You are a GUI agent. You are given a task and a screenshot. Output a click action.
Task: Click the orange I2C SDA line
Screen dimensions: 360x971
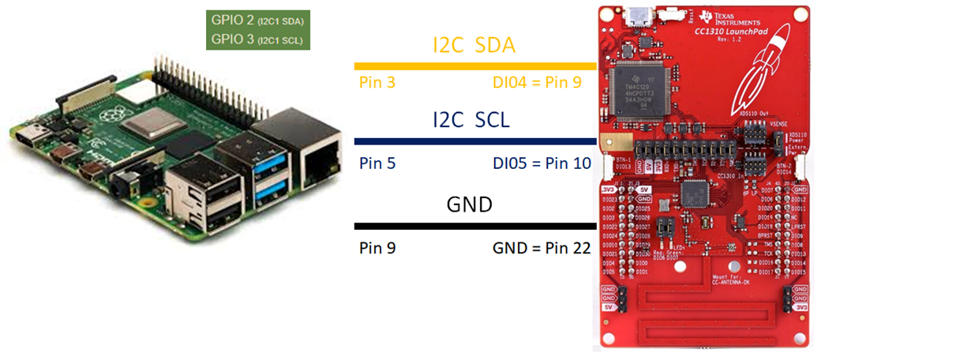click(x=474, y=66)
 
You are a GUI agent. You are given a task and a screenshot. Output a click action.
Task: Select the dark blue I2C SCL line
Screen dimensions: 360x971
click(x=474, y=141)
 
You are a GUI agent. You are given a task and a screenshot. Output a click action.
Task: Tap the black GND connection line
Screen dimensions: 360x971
click(x=474, y=226)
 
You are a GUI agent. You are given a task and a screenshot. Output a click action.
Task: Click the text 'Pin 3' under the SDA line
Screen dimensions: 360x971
click(x=377, y=81)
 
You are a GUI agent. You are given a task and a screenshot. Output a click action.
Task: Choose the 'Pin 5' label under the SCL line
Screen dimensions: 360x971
click(x=377, y=164)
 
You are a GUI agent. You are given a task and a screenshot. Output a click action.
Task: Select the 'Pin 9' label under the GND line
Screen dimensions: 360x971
click(x=377, y=248)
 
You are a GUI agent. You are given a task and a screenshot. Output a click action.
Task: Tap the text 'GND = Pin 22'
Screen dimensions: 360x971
click(x=542, y=248)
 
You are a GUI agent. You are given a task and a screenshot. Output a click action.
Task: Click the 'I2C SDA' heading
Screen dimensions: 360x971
click(x=474, y=46)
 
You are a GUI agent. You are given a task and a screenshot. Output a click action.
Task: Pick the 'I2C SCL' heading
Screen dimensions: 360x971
click(x=471, y=121)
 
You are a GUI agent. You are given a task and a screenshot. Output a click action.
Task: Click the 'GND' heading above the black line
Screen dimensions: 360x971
click(x=470, y=205)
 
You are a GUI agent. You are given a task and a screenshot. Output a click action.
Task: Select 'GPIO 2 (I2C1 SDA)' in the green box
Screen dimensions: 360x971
click(x=257, y=20)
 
